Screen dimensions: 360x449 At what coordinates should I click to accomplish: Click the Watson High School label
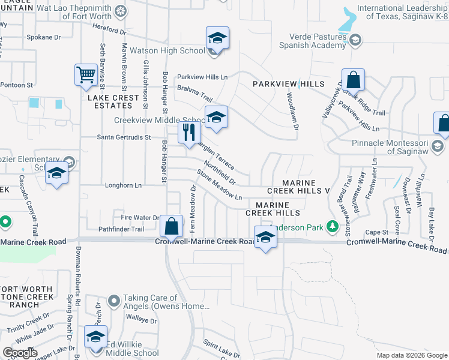click(175, 50)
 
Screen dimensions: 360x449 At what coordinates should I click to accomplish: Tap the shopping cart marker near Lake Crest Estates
click(86, 76)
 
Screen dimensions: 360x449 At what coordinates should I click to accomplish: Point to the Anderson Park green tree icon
click(331, 227)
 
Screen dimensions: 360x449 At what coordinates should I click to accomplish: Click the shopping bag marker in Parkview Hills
click(354, 80)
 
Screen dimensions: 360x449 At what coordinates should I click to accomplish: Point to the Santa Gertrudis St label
click(124, 137)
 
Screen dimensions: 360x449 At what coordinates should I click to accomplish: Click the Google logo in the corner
click(20, 353)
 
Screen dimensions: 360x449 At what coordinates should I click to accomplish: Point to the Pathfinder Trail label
click(121, 229)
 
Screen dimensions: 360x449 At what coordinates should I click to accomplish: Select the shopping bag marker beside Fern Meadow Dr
click(172, 227)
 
